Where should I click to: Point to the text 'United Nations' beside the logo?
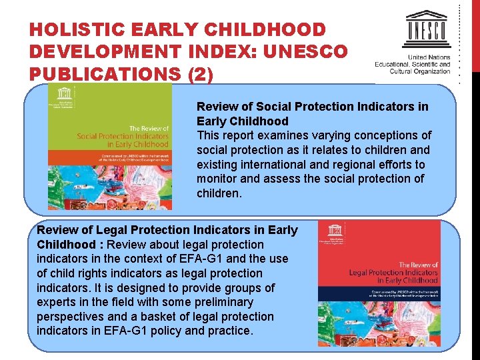(x=424, y=57)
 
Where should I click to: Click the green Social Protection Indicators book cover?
(x=109, y=147)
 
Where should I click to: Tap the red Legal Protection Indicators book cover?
(x=378, y=283)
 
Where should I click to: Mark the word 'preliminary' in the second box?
(x=224, y=302)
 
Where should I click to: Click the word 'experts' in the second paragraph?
(x=56, y=302)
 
